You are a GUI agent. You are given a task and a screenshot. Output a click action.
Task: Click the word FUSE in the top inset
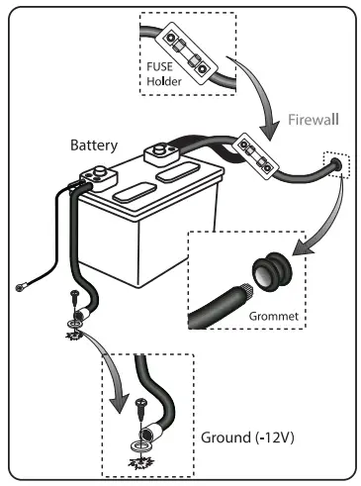[161, 68]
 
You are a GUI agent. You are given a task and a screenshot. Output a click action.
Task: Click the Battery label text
[93, 145]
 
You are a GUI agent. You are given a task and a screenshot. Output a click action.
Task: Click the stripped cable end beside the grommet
[237, 297]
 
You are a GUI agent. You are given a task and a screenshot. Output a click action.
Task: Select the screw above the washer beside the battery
[74, 301]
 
